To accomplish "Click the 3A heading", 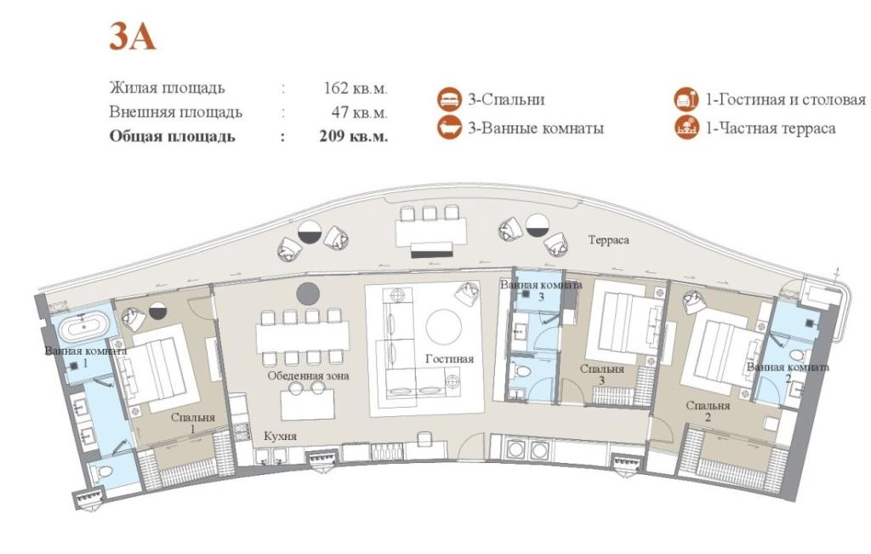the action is [x=132, y=37].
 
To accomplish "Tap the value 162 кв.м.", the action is [x=356, y=88].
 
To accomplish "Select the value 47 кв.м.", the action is [x=360, y=112].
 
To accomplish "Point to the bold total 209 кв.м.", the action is [x=353, y=136].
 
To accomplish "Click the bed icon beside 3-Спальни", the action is [x=449, y=100].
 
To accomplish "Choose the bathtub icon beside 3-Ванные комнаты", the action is [x=449, y=128].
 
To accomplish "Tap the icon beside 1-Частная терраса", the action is [x=686, y=128].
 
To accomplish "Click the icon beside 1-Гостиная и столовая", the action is [x=686, y=100].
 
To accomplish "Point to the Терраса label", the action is [x=609, y=240].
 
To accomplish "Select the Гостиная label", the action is [x=449, y=359].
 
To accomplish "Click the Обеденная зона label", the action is [x=308, y=375].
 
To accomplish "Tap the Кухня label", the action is [x=280, y=437].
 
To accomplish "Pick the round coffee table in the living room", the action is [x=444, y=327].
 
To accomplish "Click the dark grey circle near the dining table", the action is [x=308, y=294].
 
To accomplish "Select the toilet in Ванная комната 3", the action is [x=522, y=370].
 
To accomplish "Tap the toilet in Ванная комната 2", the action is [x=795, y=356].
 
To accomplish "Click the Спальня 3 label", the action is [x=602, y=374].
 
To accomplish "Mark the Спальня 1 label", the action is [x=193, y=423].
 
